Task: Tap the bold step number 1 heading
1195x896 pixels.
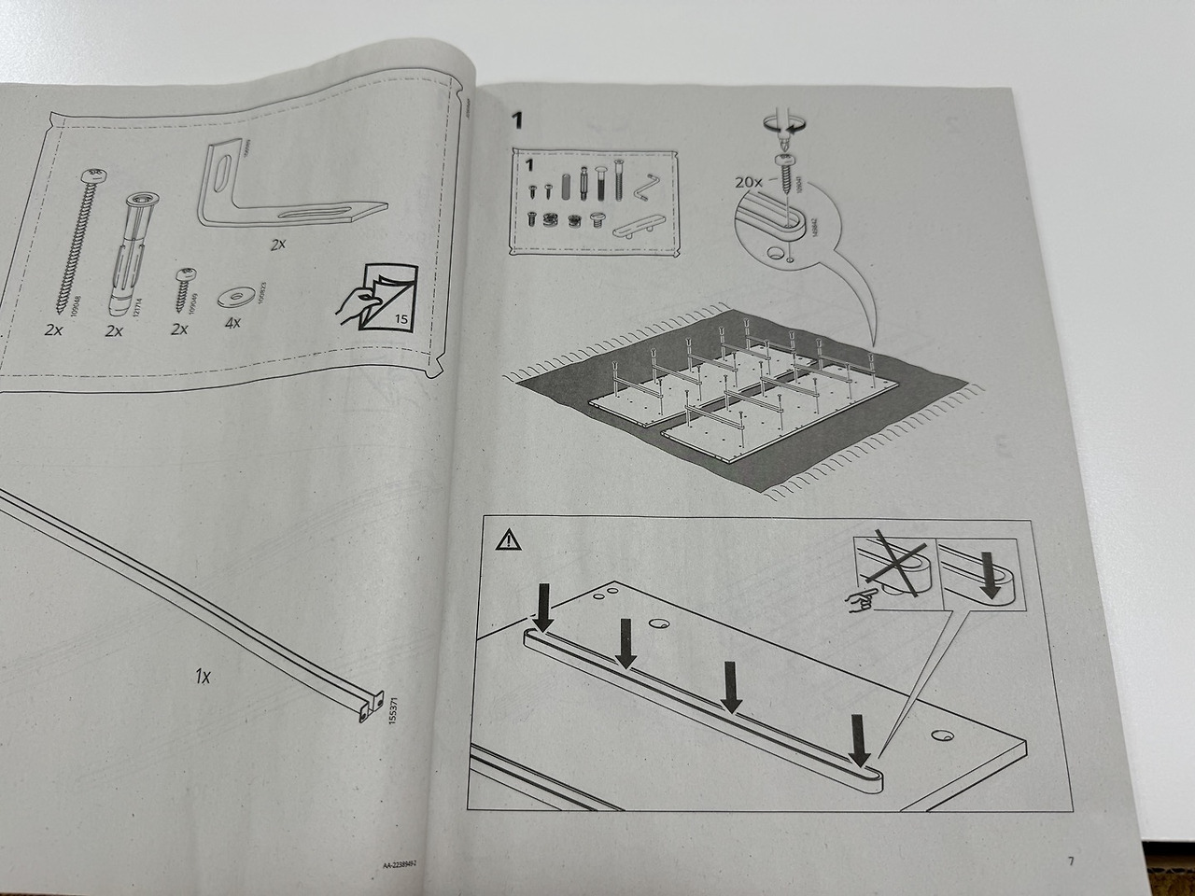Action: pyautogui.click(x=518, y=120)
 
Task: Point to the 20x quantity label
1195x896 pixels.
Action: pyautogui.click(x=749, y=182)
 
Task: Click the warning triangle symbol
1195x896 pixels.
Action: pyautogui.click(x=505, y=539)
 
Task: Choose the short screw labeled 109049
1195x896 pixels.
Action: pyautogui.click(x=183, y=288)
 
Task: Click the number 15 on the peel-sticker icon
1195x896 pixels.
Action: pyautogui.click(x=401, y=320)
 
